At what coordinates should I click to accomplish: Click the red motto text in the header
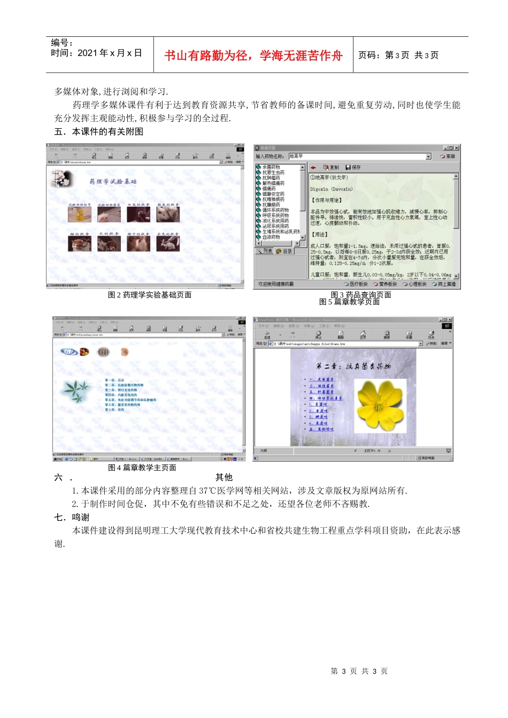(x=253, y=56)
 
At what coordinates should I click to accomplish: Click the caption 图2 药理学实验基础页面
(x=150, y=295)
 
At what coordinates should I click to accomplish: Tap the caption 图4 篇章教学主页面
(x=142, y=468)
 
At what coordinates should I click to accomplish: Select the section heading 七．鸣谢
(x=72, y=517)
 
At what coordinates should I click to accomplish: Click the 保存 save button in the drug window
(x=353, y=167)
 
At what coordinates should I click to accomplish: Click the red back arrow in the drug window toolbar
(x=313, y=168)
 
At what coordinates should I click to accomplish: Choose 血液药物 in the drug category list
(x=271, y=237)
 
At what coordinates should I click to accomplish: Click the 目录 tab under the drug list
(x=284, y=251)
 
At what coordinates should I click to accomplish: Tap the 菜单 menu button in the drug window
(x=448, y=157)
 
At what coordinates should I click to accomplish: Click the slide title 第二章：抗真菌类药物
(x=353, y=366)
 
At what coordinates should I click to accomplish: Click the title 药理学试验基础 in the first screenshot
(x=113, y=182)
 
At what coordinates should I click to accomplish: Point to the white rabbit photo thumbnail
(x=168, y=244)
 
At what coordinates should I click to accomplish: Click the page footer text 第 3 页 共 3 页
(x=359, y=671)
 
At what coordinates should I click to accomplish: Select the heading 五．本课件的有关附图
(x=99, y=131)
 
